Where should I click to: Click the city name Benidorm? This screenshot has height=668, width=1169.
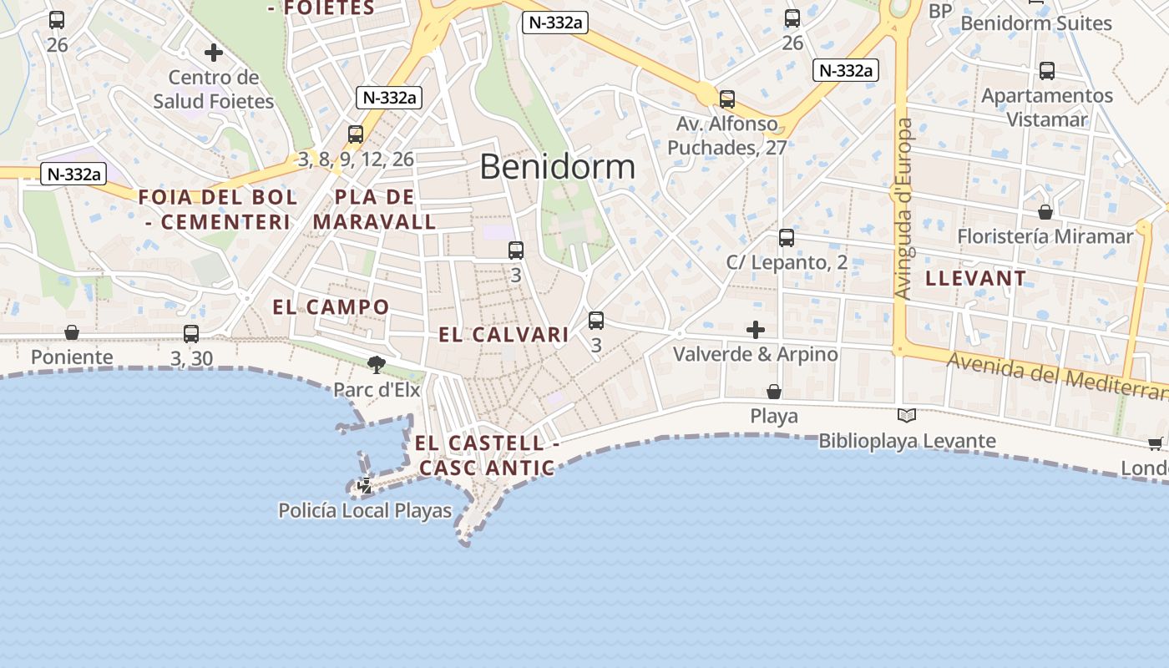tap(557, 167)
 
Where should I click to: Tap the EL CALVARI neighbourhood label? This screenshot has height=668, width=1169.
tap(504, 335)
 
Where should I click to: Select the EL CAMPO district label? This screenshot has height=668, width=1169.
tap(331, 307)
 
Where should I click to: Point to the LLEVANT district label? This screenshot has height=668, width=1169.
tap(975, 279)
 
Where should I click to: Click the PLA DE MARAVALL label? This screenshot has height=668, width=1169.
tap(374, 210)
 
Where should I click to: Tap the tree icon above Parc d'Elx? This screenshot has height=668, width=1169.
tap(377, 364)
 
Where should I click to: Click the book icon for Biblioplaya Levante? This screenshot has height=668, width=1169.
tap(906, 415)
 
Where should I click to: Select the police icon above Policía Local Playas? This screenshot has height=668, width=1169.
tap(365, 486)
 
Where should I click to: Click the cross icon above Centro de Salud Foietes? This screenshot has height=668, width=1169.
tap(214, 53)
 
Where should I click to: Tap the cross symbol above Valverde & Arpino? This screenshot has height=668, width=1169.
tap(756, 330)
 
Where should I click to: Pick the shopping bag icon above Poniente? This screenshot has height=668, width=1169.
tap(72, 332)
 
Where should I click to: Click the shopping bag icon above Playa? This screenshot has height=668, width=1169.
tap(774, 391)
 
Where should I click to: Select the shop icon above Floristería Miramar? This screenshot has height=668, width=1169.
tap(1045, 212)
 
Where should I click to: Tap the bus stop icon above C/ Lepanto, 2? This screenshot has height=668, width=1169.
tap(786, 238)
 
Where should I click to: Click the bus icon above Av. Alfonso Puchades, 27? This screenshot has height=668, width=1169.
tap(727, 99)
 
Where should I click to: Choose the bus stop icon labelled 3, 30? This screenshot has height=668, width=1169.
tap(191, 334)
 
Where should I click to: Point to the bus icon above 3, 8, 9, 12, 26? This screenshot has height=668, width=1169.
tap(356, 134)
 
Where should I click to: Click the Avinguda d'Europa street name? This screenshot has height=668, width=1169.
tap(904, 209)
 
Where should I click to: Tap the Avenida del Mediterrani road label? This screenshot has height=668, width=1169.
tap(1056, 376)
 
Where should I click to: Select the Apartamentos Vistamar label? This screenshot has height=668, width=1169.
tap(1046, 107)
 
